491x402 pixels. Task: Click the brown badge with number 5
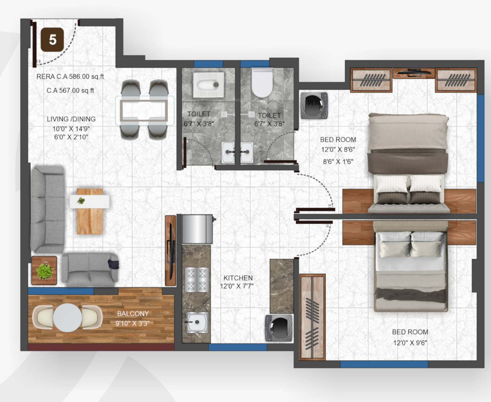(52, 40)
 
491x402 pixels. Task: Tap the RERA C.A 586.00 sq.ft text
(70, 76)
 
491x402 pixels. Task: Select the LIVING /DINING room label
(71, 119)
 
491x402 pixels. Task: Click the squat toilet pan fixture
(208, 84)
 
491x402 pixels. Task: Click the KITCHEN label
(238, 278)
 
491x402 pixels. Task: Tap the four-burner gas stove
(197, 279)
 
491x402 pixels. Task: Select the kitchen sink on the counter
(197, 322)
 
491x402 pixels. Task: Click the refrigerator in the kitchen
(198, 229)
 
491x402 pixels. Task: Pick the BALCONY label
(133, 314)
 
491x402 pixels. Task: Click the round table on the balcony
(68, 318)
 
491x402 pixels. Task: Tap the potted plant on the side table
(45, 271)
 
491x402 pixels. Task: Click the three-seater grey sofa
(48, 209)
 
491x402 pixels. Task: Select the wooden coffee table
(90, 211)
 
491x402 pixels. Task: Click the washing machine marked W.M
(314, 106)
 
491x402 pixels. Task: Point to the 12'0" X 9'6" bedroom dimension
(410, 343)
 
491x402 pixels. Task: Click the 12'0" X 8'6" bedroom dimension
(338, 149)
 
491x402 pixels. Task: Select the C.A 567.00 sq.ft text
(70, 90)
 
